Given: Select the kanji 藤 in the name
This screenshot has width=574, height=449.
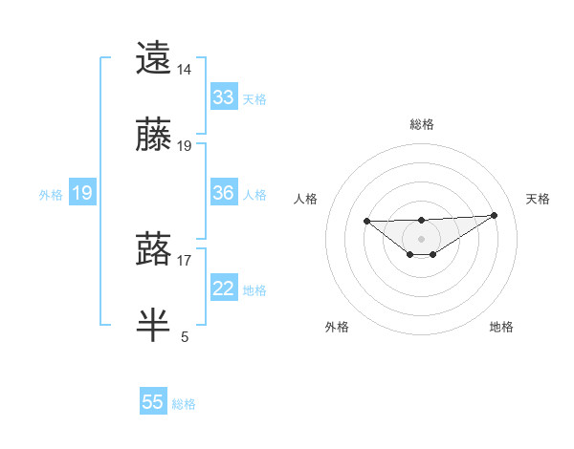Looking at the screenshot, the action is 154,136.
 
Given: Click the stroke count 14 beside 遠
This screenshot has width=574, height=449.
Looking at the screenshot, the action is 185,70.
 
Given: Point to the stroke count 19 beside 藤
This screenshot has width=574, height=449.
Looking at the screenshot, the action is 185,146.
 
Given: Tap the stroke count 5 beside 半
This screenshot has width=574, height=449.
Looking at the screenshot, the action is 185,336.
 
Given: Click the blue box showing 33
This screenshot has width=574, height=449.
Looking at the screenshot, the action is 224,97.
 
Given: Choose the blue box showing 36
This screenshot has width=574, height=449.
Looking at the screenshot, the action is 224,193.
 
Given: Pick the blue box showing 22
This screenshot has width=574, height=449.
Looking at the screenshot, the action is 224,289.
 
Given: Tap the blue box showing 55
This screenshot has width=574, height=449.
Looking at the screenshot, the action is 153,402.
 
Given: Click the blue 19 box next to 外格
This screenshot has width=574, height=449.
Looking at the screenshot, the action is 82,193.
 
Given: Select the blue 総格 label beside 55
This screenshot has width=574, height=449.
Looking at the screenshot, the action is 184,404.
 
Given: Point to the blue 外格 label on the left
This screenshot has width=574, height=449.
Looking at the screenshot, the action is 51,194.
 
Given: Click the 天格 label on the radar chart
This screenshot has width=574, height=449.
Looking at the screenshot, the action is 538,199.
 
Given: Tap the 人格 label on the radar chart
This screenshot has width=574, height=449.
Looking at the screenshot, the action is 306,199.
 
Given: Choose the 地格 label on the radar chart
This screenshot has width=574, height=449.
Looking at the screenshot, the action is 501,327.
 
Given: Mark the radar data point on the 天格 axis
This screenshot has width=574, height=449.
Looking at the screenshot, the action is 495,215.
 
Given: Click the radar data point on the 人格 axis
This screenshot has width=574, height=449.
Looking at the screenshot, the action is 367,221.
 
